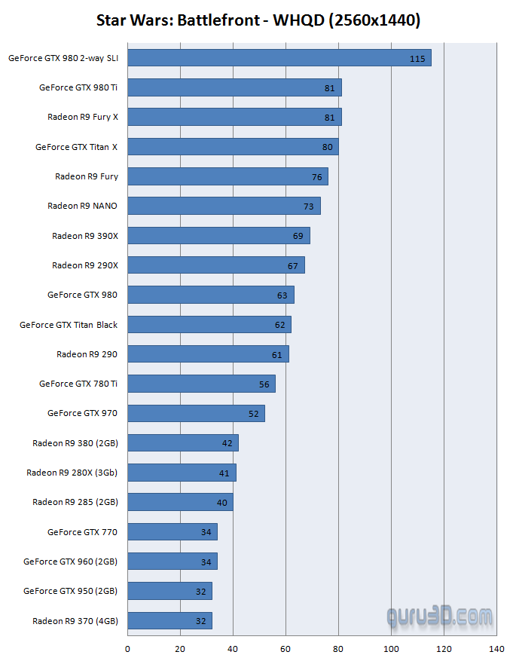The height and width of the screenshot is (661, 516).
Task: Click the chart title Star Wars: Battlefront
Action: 258,20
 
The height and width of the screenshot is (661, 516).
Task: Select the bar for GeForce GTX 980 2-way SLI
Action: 279,58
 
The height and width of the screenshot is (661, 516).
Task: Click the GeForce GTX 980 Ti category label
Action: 78,87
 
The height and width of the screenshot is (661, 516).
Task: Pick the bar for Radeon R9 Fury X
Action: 234,117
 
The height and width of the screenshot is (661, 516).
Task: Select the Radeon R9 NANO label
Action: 82,206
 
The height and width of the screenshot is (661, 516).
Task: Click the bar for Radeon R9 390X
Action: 218,236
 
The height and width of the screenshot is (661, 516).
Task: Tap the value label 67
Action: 293,266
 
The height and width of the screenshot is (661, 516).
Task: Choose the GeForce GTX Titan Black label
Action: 69,325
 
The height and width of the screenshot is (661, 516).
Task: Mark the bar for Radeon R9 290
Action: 208,354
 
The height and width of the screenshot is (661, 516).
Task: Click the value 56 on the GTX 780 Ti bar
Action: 264,384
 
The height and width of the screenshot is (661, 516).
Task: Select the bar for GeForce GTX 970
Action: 196,414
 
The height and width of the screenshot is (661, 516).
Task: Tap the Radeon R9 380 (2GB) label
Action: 75,443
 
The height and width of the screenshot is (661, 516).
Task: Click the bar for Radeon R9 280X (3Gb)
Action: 182,473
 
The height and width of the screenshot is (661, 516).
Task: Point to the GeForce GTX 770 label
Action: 82,532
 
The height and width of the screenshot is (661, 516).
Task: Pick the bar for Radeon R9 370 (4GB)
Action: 169,621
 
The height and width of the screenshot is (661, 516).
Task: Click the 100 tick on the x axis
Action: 391,648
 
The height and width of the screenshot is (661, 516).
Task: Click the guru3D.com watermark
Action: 440,617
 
